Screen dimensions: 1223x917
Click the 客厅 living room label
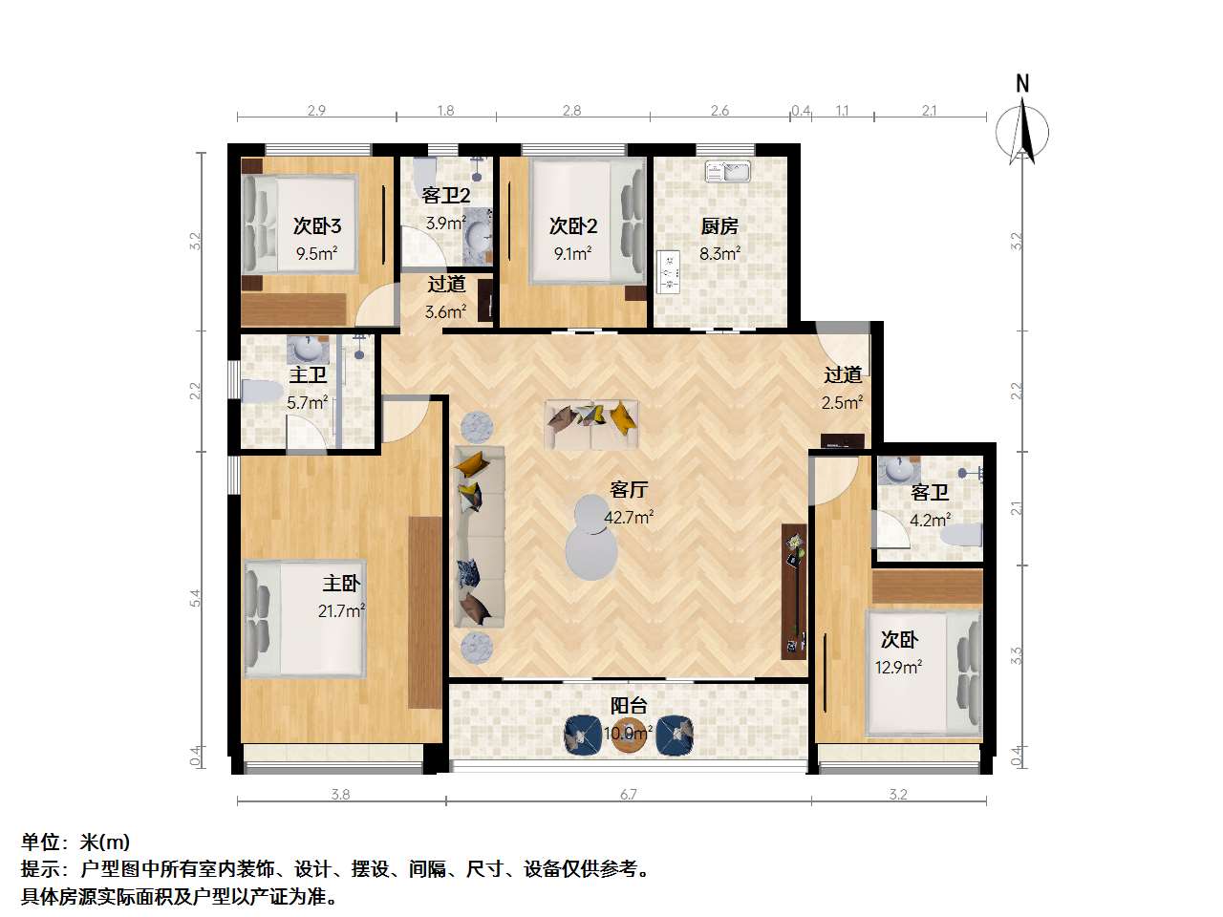pyautogui.click(x=629, y=490)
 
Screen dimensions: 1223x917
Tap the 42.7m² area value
pyautogui.click(x=629, y=517)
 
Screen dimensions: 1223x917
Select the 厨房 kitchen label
pyautogui.click(x=719, y=226)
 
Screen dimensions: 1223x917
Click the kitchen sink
pyautogui.click(x=727, y=171)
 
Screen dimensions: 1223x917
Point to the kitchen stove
pyautogui.click(x=668, y=272)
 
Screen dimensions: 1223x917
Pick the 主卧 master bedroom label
pyautogui.click(x=341, y=583)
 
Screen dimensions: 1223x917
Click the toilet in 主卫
pyautogui.click(x=262, y=392)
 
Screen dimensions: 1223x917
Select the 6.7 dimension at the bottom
pyautogui.click(x=628, y=795)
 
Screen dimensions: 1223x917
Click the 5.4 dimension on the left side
pyautogui.click(x=195, y=598)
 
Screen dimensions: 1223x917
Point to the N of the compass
pyautogui.click(x=1022, y=83)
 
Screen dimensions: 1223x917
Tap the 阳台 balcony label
pyautogui.click(x=629, y=706)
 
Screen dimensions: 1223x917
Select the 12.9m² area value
pyautogui.click(x=898, y=667)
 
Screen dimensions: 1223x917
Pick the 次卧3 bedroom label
pyautogui.click(x=317, y=226)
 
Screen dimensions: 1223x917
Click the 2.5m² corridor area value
pyautogui.click(x=843, y=402)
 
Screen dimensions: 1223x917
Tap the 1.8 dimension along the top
pyautogui.click(x=446, y=111)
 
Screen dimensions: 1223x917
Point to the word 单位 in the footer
pyautogui.click(x=40, y=842)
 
